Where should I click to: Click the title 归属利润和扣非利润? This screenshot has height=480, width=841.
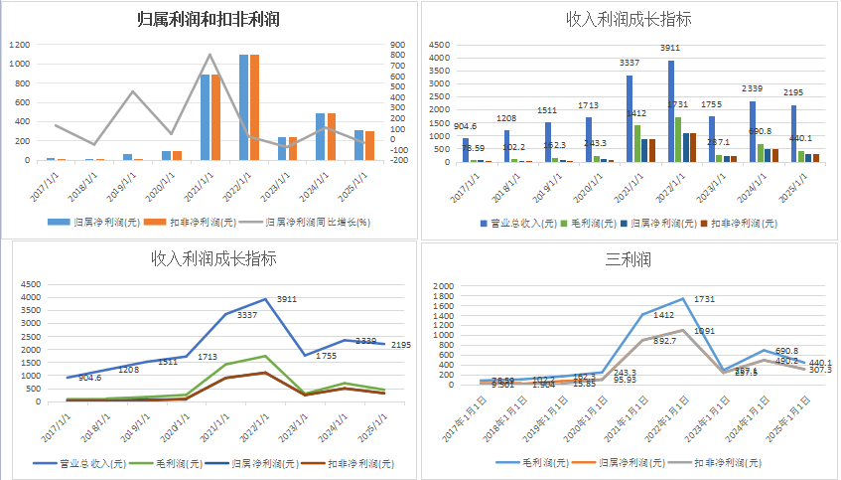click(x=208, y=19)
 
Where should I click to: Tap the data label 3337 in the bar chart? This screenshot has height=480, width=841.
click(x=630, y=63)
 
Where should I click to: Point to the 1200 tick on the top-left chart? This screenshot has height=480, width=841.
click(x=20, y=45)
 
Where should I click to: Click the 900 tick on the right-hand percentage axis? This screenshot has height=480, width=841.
click(x=398, y=45)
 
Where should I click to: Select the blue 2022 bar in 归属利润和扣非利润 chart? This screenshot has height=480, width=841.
click(x=243, y=107)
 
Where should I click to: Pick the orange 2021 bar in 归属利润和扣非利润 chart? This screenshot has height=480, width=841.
click(x=215, y=117)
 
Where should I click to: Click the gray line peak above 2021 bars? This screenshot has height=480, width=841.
click(x=210, y=55)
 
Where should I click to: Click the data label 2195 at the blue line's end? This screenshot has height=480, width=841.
click(x=400, y=345)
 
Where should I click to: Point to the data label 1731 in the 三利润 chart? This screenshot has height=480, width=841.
click(x=705, y=298)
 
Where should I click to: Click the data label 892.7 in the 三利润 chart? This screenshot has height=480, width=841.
click(x=664, y=341)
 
